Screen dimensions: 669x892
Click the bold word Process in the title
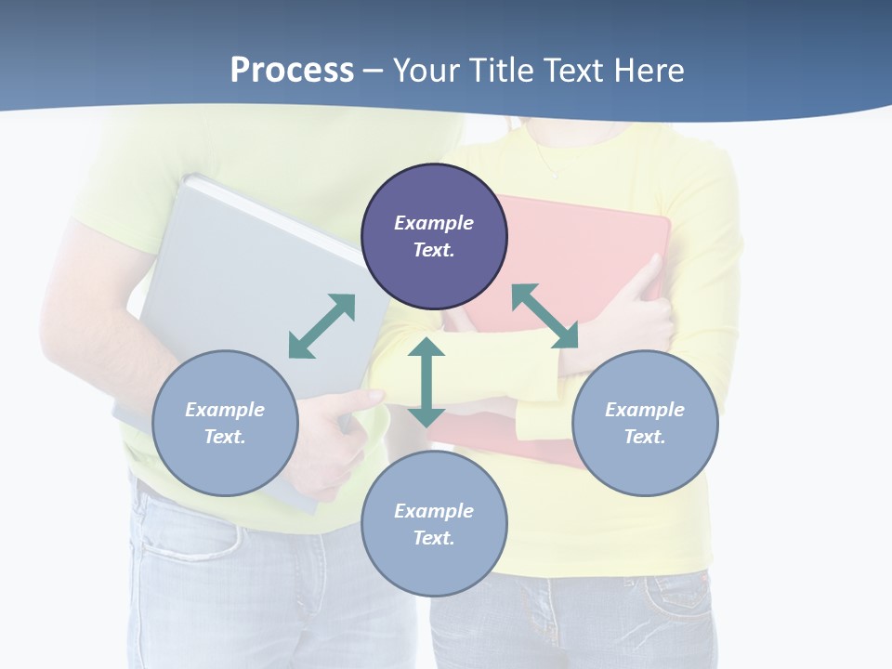(292, 71)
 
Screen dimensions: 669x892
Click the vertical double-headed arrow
(426, 382)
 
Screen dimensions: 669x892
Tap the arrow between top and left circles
(321, 326)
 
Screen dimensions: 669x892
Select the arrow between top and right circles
(544, 316)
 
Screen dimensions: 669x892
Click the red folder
(595, 242)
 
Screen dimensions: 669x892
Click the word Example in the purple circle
(434, 223)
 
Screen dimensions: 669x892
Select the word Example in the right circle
(645, 410)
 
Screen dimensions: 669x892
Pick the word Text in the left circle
(225, 437)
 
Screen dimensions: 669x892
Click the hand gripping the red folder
(641, 316)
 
